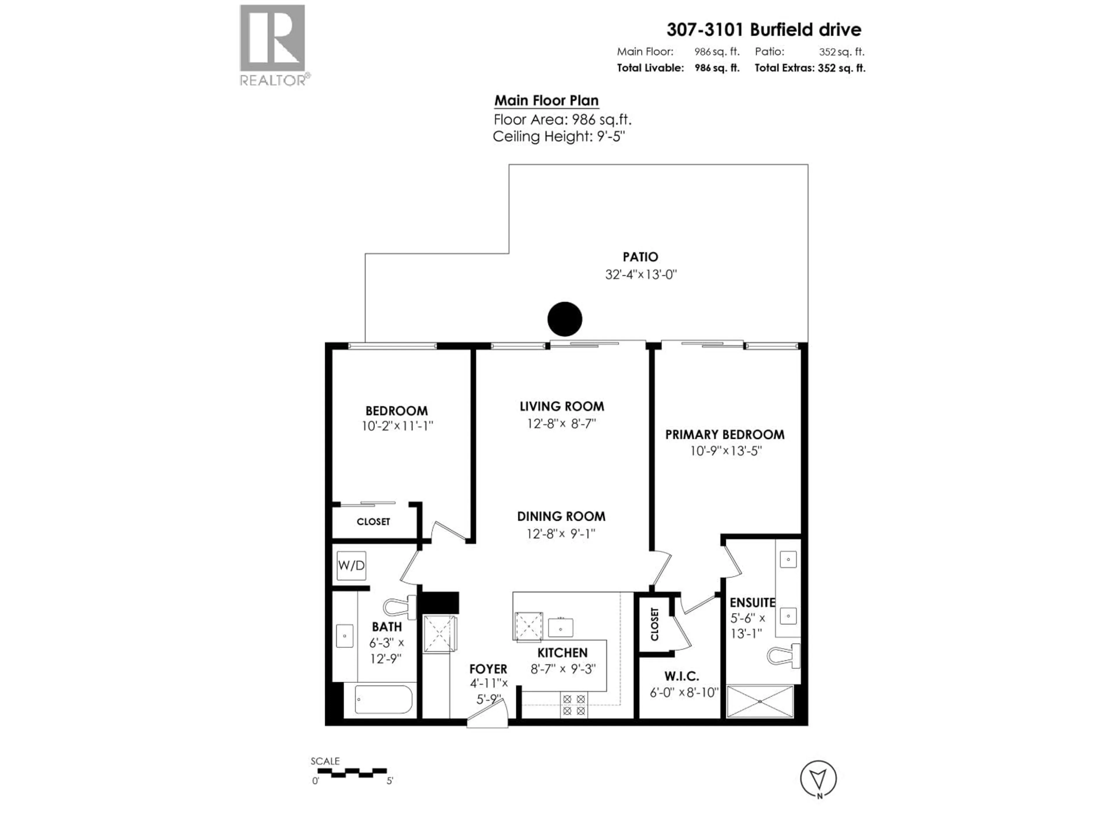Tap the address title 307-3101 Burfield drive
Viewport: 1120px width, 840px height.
pos(764,30)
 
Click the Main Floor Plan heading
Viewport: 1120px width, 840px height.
pos(546,101)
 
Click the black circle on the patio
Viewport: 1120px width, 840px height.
pos(565,319)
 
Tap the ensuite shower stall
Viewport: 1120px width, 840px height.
pos(759,701)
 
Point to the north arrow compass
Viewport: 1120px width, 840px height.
pos(818,778)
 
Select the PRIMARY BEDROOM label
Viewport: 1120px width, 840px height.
pos(724,434)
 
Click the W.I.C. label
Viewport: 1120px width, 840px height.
pos(682,676)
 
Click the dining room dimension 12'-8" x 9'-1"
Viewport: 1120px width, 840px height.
pos(561,534)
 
